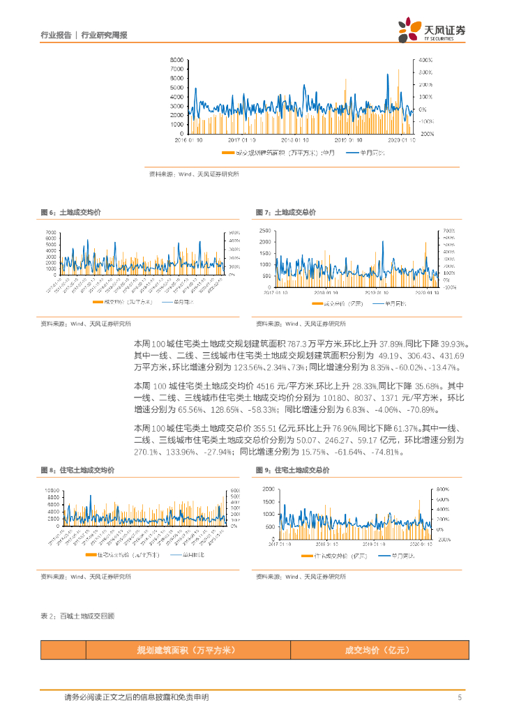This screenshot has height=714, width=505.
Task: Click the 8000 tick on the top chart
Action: tap(176, 60)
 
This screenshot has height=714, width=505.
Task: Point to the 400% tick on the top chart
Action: tap(425, 60)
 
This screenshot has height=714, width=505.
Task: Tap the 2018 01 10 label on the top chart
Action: tap(287, 139)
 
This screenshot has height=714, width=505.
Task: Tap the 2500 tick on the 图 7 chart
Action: tap(264, 231)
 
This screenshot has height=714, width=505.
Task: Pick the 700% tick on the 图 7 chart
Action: tap(450, 231)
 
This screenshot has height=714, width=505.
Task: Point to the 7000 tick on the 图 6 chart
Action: tap(50, 231)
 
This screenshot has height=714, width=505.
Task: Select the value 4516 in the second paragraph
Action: tap(269, 386)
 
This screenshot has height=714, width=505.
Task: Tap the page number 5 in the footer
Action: tap(460, 697)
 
